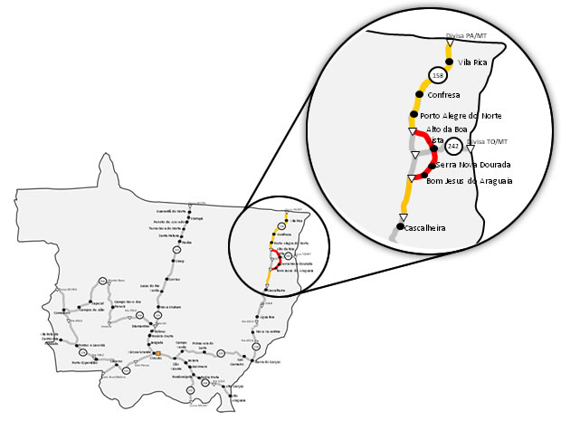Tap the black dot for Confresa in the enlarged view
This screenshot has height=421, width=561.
point(420,93)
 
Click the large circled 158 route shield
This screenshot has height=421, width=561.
point(439,75)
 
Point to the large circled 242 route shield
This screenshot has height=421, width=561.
point(455,145)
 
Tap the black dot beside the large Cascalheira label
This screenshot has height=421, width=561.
point(400,226)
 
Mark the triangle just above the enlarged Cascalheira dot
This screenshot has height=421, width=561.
point(403,216)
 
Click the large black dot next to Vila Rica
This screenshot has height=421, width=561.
point(448,62)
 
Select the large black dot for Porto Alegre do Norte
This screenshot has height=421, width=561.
point(413,115)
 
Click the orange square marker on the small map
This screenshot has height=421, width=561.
point(157,352)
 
